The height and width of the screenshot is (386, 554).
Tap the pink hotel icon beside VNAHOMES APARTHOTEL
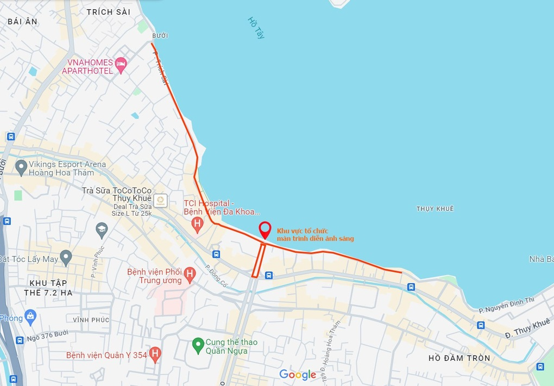[121, 65]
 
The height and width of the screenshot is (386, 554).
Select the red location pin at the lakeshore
[265, 231]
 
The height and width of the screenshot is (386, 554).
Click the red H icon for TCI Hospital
[198, 223]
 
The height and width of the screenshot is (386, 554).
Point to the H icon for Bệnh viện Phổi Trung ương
[190, 275]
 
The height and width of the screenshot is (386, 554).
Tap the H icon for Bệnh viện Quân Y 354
[155, 355]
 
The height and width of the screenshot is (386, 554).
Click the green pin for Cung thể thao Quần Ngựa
[198, 344]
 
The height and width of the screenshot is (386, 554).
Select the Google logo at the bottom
[298, 375]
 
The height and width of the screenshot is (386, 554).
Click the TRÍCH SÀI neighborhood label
[108, 12]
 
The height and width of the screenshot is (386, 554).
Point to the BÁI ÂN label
[22, 21]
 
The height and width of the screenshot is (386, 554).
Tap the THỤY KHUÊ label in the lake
[435, 209]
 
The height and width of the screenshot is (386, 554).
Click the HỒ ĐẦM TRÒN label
[459, 358]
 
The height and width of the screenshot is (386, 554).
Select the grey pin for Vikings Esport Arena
[21, 167]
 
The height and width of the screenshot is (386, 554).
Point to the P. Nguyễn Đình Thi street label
[507, 305]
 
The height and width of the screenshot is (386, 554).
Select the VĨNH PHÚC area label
[91, 320]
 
